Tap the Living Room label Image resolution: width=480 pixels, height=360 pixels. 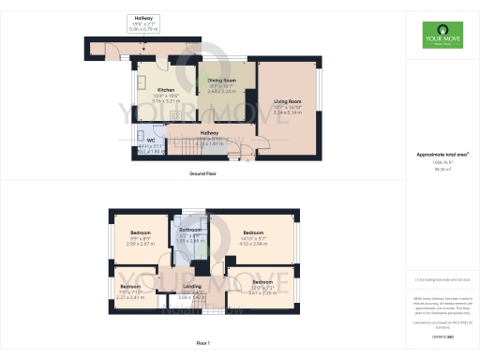[287, 100]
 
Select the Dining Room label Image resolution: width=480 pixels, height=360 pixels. [221, 82]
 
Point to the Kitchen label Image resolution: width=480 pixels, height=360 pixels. [154, 90]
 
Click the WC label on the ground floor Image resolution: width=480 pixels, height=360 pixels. [150, 140]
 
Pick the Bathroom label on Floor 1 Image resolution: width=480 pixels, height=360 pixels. [190, 229]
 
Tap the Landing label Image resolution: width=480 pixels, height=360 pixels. [192, 286]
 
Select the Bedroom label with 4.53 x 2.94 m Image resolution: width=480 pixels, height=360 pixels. [254, 232]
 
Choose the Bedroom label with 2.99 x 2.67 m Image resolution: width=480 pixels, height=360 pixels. [141, 232]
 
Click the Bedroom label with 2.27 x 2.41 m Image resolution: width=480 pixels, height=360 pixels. [129, 287]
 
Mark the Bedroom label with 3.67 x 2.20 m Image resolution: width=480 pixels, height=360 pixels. [262, 281]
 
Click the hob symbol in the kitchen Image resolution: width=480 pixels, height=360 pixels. [148, 118]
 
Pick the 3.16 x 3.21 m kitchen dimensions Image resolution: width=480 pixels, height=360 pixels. [154, 99]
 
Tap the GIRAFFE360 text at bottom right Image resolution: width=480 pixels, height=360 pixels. [442, 336]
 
